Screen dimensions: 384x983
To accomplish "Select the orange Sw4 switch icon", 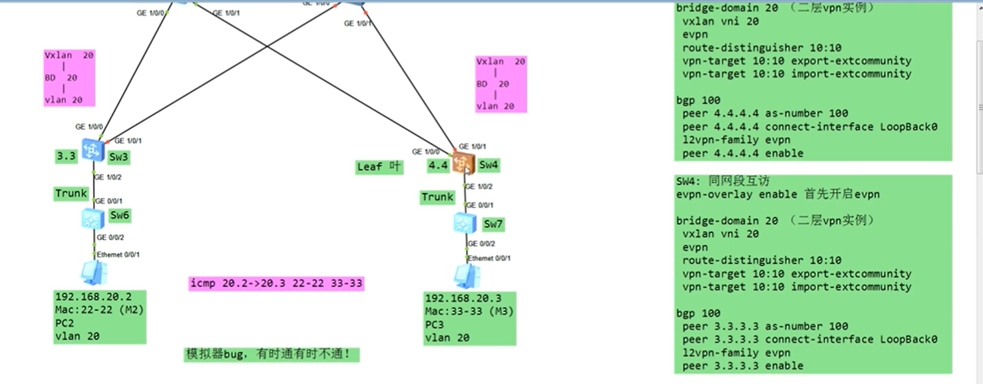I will [463, 162].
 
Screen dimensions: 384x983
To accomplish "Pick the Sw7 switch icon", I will [465, 223].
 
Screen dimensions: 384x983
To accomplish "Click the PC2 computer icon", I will [93, 272].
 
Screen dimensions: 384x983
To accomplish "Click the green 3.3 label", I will [66, 157].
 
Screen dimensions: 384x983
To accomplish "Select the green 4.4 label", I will [438, 165].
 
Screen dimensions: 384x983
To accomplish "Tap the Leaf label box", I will [379, 167].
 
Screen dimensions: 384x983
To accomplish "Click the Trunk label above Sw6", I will [71, 194].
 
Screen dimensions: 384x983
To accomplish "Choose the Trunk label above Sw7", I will [437, 197].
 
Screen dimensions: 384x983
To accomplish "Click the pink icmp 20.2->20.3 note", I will [276, 284].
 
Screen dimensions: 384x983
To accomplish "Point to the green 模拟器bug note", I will [272, 354].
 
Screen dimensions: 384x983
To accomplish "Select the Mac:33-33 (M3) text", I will [469, 311].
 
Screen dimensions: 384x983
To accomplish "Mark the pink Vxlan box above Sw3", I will [69, 77].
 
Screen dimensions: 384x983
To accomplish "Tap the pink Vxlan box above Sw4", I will [500, 84].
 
